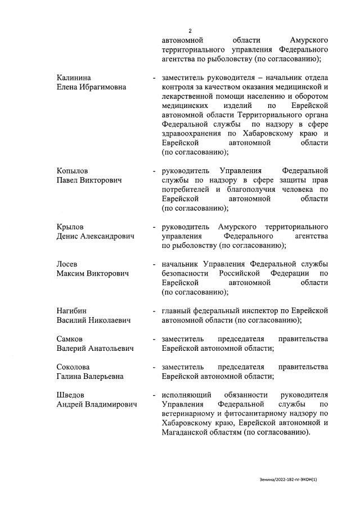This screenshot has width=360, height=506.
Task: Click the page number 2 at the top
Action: [x=190, y=31]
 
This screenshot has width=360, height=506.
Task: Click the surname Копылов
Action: [x=73, y=170]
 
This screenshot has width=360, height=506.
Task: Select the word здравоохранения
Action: [x=192, y=133]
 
